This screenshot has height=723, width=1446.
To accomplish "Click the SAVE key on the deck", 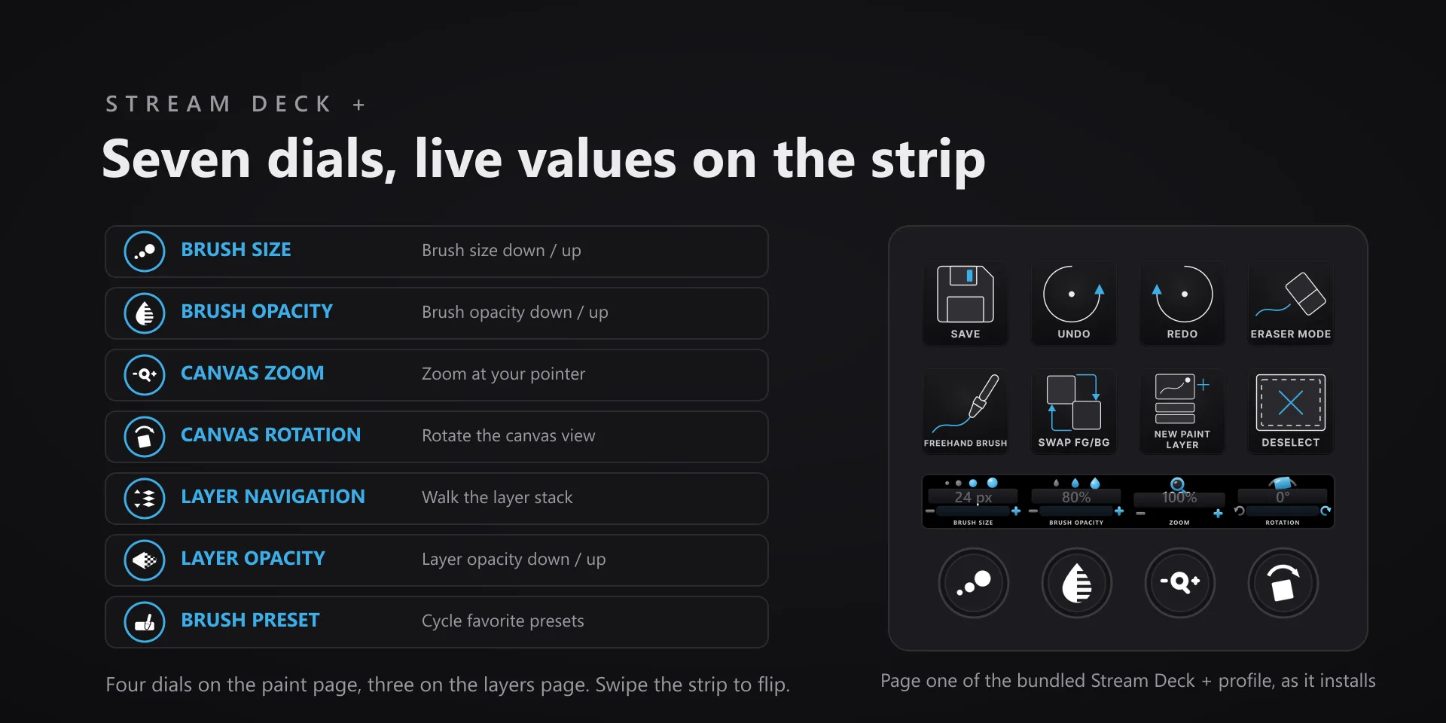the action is [966, 304].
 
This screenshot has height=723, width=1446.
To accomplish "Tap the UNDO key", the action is [1074, 304].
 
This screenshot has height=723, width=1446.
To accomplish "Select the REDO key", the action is [1182, 304].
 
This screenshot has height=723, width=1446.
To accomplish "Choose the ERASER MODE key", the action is [1291, 304].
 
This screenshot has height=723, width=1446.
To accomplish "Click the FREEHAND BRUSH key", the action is [966, 412].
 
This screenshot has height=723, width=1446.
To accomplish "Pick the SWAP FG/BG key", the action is [1074, 412].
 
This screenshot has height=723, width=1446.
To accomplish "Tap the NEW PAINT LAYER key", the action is [1182, 412].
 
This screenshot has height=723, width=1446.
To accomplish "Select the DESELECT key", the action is [1291, 412].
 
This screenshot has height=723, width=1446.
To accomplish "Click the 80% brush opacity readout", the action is [1076, 497].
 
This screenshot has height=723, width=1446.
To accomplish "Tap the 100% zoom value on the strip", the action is [1179, 498].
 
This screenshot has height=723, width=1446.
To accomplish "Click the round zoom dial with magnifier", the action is [1180, 583].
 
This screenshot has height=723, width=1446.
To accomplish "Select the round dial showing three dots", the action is [974, 583].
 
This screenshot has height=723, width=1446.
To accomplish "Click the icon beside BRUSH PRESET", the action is [145, 622].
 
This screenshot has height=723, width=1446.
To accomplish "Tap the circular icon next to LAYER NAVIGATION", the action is [145, 499].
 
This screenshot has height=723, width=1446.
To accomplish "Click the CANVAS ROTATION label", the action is [271, 435].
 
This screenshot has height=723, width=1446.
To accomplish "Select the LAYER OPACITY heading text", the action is [253, 559].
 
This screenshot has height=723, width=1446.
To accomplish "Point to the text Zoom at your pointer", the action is [503, 374].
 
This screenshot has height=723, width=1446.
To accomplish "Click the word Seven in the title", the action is [176, 160].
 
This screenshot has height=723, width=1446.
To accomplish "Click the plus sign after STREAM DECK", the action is [359, 105].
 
